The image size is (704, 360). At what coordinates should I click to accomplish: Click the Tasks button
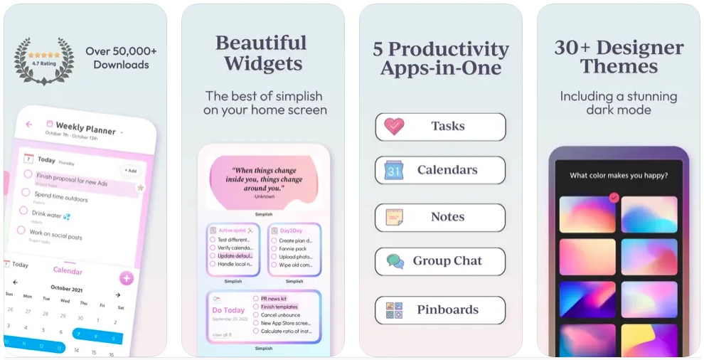(x=440, y=127)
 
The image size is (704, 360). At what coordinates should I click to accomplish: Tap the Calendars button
(x=440, y=170)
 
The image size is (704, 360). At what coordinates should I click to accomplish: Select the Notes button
(x=440, y=217)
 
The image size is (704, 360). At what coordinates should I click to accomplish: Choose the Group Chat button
(x=440, y=261)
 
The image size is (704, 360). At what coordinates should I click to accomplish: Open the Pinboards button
(x=440, y=309)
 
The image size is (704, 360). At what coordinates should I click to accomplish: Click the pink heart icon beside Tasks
(x=394, y=127)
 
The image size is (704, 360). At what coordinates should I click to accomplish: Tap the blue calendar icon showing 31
(x=394, y=170)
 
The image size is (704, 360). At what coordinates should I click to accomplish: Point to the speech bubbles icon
(x=395, y=261)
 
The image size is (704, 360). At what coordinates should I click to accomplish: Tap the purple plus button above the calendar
(x=127, y=278)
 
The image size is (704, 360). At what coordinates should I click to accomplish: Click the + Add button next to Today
(x=129, y=171)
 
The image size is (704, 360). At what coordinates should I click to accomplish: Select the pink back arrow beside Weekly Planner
(x=29, y=125)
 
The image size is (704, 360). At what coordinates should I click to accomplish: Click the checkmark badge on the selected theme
(x=614, y=198)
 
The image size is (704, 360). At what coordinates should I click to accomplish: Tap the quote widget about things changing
(x=263, y=182)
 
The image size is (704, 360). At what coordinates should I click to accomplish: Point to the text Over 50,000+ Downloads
(x=121, y=58)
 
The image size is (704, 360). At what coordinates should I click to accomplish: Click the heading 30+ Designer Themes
(x=619, y=57)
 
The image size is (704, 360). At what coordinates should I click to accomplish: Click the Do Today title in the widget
(x=228, y=310)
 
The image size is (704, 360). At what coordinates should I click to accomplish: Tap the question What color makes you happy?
(x=619, y=175)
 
